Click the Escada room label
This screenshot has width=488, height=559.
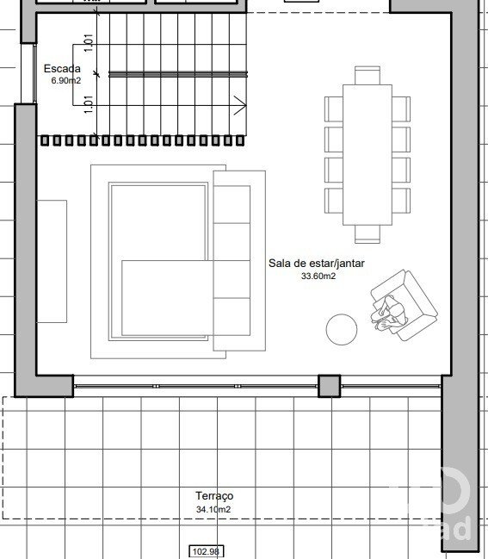62,68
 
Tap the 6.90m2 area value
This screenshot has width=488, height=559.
66,81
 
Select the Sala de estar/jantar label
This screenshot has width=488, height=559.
317,264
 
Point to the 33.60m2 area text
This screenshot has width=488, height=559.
318,276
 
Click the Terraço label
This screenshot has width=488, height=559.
214,496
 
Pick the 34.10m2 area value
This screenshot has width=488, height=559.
213,509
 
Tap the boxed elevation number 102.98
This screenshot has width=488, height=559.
207,551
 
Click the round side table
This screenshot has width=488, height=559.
342,329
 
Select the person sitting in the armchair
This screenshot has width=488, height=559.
388,314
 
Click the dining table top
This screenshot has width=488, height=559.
368,155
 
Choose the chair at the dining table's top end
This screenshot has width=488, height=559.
368,75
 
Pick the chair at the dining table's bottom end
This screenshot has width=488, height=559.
368,234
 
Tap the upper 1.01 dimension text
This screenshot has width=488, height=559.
89,43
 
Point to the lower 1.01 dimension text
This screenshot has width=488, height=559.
89,104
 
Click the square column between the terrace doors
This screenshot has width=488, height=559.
329,386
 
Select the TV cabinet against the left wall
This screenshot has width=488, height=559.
52,261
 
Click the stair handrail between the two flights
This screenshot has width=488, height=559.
178,74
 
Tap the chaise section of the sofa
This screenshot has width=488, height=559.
168,298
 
